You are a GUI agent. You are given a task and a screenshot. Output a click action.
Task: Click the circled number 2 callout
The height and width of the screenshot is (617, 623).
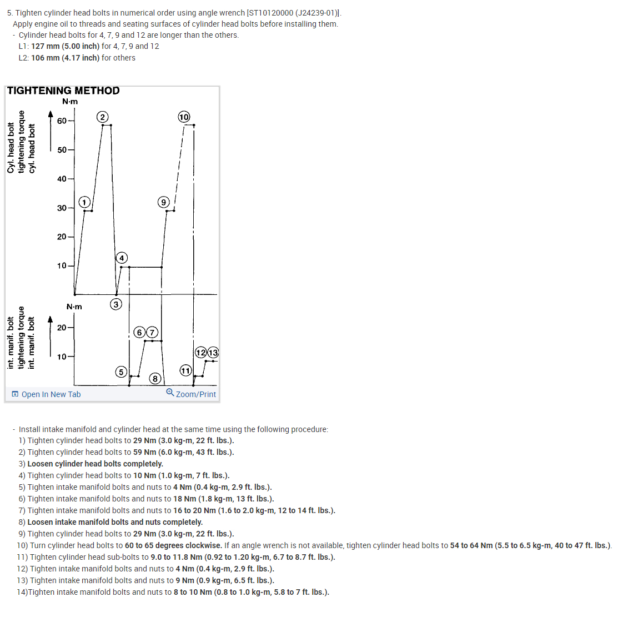102,117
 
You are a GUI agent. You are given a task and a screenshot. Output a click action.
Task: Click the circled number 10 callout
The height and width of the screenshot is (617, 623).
184,117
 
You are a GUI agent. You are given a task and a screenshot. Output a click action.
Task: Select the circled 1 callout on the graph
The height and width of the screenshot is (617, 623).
84,202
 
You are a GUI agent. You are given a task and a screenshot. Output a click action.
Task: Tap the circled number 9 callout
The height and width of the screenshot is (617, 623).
163,202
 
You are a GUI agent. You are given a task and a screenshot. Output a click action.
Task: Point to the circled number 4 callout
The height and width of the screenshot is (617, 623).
122,258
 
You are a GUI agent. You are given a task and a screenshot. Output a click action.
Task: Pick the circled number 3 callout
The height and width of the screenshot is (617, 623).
116,304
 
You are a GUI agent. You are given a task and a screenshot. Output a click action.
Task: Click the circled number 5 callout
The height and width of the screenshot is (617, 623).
121,372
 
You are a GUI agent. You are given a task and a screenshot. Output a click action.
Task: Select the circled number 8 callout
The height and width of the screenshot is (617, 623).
155,379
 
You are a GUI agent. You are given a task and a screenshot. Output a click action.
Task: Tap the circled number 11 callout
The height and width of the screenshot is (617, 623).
185,370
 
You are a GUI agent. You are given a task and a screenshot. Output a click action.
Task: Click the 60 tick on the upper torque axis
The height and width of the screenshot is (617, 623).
62,121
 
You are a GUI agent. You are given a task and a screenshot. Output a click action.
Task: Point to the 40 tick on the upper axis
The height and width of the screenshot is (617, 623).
62,179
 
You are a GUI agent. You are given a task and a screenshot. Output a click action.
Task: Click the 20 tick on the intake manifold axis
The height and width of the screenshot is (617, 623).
62,328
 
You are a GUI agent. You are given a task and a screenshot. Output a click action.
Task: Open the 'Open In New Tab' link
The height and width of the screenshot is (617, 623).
51,394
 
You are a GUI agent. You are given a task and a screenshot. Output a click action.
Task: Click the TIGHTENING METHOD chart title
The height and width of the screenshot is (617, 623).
63,91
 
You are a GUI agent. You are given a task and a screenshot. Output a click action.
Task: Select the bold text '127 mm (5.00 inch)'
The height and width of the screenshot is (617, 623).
65,46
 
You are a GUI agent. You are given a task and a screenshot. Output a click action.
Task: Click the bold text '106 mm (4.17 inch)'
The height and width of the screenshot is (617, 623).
65,58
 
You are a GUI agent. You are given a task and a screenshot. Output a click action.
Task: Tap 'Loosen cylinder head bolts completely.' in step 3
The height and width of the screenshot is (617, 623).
95,464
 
